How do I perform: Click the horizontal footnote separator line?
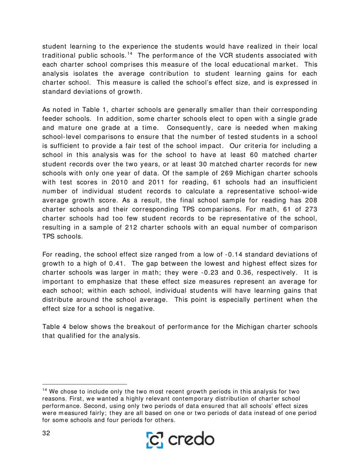[x=84, y=384]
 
